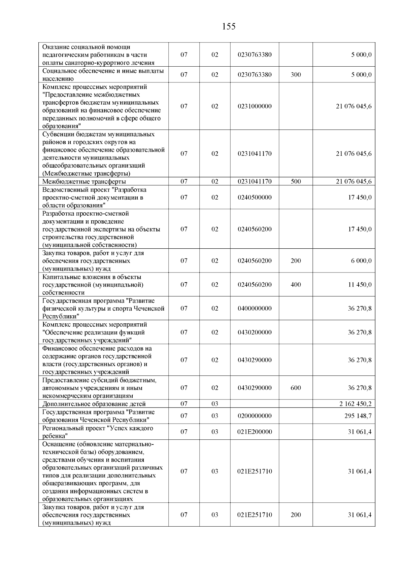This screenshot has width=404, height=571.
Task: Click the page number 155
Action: pos(229,27)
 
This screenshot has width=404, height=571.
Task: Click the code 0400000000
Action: pos(255,308)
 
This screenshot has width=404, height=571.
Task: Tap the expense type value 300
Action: pos(296,75)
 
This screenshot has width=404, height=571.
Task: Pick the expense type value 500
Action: pos(296,182)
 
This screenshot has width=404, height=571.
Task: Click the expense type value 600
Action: pos(296,388)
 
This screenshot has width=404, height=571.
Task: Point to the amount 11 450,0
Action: pos(360,285)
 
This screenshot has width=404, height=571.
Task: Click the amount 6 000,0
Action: pos(361,261)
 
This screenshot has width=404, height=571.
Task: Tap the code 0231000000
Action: pos(255,106)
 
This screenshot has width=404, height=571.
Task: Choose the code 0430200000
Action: pos(255,332)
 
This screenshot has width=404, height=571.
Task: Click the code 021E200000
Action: pos(255,432)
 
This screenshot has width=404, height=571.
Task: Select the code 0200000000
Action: pos(255,416)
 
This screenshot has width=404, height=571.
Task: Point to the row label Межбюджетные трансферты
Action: pos(84,182)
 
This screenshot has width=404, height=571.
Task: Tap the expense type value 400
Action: pos(296,285)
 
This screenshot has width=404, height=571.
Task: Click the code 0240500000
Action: pos(255,198)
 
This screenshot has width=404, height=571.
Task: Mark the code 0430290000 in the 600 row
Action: pos(255,388)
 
